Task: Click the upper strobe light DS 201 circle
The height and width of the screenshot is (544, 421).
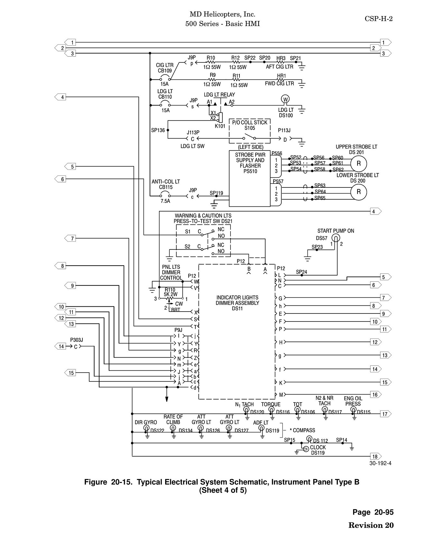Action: click(x=359, y=163)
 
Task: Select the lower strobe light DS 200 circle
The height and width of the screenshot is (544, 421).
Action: click(x=359, y=192)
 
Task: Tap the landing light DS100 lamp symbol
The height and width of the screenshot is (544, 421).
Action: click(x=285, y=99)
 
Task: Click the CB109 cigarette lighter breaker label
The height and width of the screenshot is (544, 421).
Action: click(x=165, y=71)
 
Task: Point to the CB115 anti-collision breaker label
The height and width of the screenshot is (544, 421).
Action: click(x=166, y=187)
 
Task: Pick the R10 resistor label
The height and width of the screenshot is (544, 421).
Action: click(x=211, y=58)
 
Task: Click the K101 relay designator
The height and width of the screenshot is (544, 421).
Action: click(x=220, y=126)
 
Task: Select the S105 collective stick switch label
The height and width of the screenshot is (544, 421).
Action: click(x=250, y=128)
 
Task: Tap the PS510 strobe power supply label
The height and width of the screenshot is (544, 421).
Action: click(x=250, y=171)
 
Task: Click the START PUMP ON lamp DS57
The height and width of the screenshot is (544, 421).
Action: click(x=336, y=238)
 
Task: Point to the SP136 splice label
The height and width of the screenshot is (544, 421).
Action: click(x=158, y=130)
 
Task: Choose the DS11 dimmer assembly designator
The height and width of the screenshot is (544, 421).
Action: click(x=238, y=309)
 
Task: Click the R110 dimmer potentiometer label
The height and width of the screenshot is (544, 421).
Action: click(x=170, y=290)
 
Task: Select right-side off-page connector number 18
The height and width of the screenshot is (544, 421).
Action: click(x=376, y=456)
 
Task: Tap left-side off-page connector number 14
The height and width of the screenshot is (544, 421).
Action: click(x=61, y=346)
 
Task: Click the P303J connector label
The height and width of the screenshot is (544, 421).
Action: click(x=77, y=340)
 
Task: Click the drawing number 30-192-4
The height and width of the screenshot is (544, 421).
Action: click(x=380, y=463)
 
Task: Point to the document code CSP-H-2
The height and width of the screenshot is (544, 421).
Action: click(x=379, y=19)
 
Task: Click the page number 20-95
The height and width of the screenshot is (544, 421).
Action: click(x=384, y=512)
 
